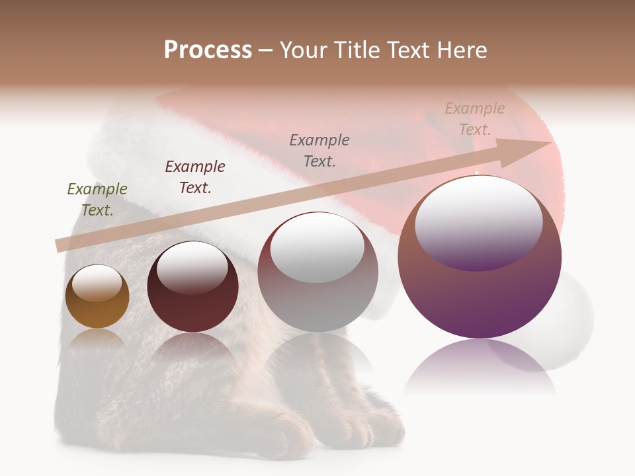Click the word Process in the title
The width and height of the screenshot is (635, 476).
point(208,50)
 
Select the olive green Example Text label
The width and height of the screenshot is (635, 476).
point(97,199)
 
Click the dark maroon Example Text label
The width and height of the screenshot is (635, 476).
point(195,177)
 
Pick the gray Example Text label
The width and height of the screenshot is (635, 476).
point(319,150)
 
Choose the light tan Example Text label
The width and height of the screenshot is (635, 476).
point(475,119)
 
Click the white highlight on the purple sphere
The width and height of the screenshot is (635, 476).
point(479,222)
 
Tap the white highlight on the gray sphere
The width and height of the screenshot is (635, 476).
point(317,248)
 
